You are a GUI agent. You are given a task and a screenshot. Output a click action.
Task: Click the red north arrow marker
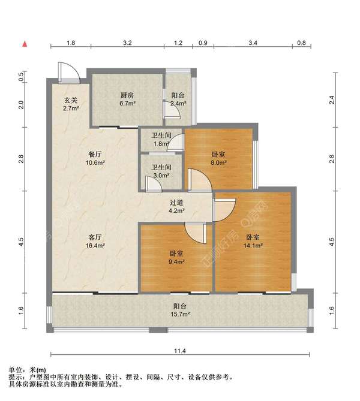25,44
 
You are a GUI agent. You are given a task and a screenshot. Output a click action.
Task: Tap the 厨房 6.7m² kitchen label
128,100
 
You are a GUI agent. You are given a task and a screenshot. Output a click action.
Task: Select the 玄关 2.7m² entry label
71,104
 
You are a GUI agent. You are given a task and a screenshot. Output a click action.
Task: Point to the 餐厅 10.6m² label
94,158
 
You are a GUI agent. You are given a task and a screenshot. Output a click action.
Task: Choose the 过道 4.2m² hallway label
176,207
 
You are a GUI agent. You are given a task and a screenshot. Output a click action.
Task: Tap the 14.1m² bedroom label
253,241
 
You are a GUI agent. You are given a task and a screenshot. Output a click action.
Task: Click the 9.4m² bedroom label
176,258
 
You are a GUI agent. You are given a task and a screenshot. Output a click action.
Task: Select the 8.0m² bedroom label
218,158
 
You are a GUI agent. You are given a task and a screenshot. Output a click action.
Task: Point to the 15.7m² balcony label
180,310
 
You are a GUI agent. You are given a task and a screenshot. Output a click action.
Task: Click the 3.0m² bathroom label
161,171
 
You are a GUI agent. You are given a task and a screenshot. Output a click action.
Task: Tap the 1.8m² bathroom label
161,140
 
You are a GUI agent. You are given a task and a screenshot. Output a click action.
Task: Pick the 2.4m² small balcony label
178,100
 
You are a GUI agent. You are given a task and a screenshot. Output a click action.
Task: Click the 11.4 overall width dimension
180,351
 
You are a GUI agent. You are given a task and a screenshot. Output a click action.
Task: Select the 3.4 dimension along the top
253,43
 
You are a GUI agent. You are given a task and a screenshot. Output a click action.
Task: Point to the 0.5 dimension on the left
22,77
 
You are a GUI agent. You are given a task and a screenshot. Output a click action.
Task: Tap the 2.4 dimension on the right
332,100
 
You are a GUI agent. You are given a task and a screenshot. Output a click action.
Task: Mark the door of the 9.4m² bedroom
196,233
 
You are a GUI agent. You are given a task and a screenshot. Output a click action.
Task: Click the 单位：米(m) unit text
27,370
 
